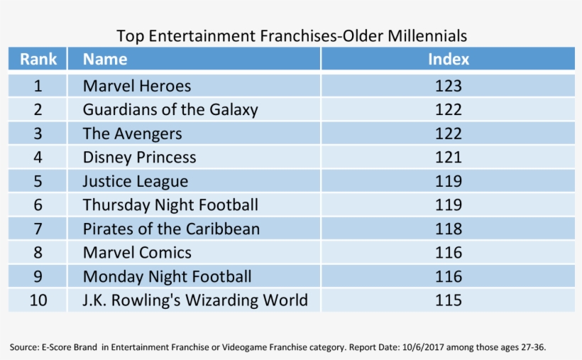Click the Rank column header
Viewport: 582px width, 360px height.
[38, 59]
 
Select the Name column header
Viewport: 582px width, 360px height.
[105, 59]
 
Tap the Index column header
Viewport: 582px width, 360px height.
[448, 59]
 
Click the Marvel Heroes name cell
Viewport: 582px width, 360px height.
[137, 86]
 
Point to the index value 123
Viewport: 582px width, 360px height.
[448, 86]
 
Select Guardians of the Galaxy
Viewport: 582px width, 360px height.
[170, 110]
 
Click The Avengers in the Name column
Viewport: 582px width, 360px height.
[132, 133]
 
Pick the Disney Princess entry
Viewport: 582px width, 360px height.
[139, 157]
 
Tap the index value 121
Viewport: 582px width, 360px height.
[448, 157]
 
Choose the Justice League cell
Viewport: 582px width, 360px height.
[136, 181]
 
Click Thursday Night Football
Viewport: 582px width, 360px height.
[170, 205]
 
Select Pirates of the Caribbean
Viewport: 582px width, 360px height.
[171, 229]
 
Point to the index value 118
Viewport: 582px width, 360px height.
[448, 229]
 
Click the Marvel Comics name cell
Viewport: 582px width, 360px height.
[137, 252]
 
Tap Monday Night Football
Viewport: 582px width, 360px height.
[167, 276]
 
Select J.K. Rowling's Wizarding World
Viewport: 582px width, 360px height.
[195, 300]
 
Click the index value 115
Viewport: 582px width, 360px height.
[448, 300]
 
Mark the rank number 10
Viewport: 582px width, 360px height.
[38, 300]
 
